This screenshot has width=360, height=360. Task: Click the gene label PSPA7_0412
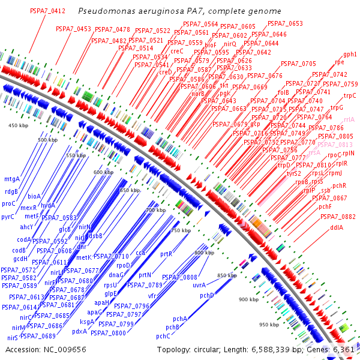[x=47, y=11]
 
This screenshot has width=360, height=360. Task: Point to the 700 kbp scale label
[x=155, y=210]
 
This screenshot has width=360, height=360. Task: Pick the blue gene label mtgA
[x=12, y=179]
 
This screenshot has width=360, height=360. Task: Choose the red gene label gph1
[x=350, y=54]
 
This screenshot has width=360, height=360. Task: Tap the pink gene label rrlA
[x=349, y=119]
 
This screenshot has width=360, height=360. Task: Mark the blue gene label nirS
[x=13, y=338]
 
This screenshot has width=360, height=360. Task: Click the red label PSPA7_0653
[x=285, y=23]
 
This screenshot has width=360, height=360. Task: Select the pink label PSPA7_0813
[x=335, y=145]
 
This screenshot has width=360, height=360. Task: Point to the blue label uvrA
[x=199, y=285]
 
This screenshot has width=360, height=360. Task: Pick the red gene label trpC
[x=350, y=95]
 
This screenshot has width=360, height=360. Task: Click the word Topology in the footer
[x=173, y=349]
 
